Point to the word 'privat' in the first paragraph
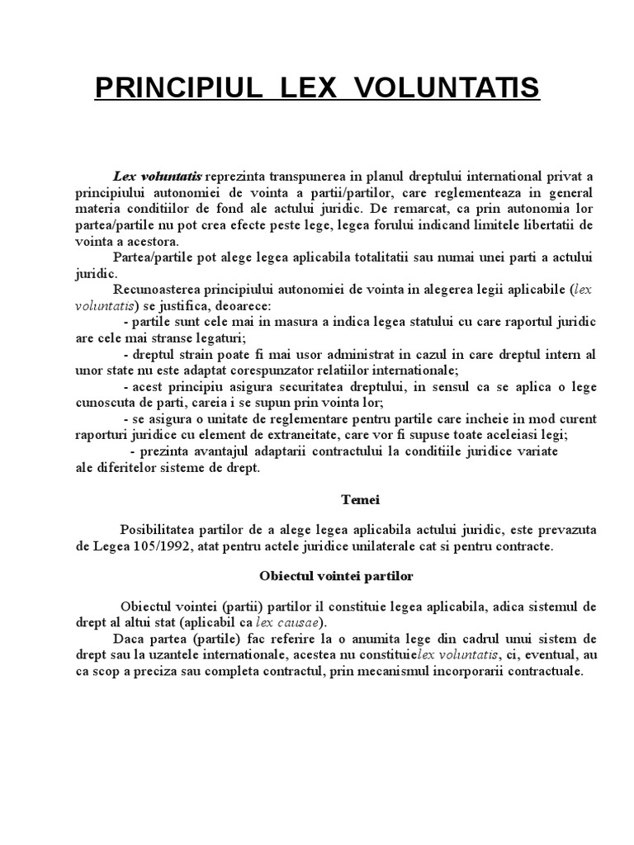click(x=565, y=177)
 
